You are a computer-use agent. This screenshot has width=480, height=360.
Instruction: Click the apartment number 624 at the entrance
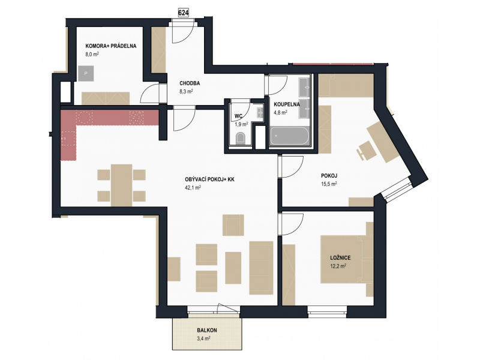click(184, 13)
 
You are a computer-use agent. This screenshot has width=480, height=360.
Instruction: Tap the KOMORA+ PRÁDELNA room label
click(111, 46)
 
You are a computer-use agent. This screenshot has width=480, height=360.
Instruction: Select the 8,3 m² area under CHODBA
click(186, 91)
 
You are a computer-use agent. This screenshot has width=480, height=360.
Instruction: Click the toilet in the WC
click(241, 138)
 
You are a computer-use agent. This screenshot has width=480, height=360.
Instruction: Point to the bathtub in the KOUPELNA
click(290, 136)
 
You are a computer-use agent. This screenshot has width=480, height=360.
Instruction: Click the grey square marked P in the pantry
click(86, 73)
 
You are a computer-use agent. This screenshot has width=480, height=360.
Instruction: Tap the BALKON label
click(207, 331)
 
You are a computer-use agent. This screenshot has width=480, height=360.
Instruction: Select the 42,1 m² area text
click(193, 188)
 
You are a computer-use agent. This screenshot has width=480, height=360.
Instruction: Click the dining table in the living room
click(122, 185)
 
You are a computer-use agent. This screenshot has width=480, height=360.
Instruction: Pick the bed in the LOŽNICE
click(347, 259)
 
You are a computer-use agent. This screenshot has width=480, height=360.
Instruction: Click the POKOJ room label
click(329, 176)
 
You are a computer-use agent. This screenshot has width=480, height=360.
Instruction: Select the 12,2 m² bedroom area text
click(338, 266)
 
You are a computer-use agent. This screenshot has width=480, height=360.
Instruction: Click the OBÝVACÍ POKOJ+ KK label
click(209, 179)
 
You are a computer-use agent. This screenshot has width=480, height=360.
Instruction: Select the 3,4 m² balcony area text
click(203, 338)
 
